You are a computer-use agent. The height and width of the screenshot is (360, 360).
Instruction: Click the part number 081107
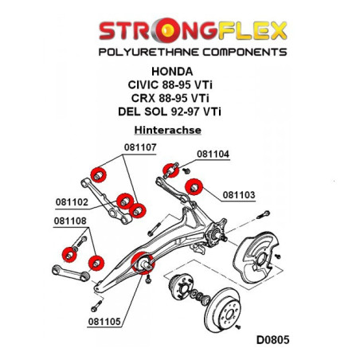[140, 147]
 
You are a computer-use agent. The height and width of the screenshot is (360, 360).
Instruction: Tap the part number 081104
[213, 154]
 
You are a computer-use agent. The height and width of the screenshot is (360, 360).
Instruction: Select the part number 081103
[239, 195]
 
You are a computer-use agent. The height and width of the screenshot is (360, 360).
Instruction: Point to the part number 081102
[72, 202]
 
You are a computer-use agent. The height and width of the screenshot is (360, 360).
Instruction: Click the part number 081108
[70, 221]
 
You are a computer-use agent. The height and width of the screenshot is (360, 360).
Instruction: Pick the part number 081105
[104, 322]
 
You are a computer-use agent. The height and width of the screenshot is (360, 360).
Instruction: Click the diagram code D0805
[272, 340]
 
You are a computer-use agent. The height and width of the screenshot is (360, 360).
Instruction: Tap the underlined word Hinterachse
[168, 130]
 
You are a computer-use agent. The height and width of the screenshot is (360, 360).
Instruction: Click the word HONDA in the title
[172, 72]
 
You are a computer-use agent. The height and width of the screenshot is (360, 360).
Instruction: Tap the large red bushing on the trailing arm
[143, 263]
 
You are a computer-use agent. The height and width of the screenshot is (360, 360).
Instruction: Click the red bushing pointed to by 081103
[194, 187]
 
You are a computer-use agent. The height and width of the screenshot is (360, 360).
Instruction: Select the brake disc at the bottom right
[223, 310]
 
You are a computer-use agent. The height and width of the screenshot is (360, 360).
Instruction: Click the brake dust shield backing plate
[256, 257]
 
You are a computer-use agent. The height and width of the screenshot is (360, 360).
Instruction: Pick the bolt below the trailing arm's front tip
[96, 306]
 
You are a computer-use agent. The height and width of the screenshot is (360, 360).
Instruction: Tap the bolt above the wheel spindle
[264, 214]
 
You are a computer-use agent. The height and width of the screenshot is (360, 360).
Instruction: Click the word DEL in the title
[129, 112]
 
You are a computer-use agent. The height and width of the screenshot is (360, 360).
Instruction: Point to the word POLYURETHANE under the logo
[149, 52]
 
